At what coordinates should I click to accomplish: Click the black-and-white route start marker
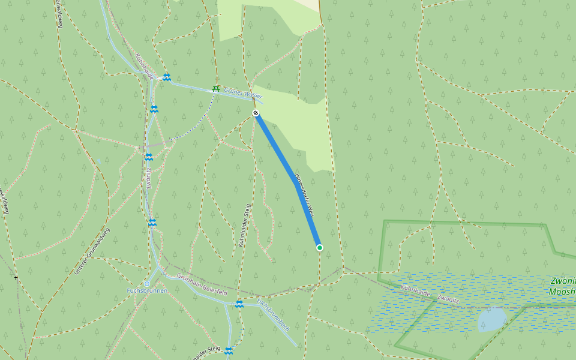coord(256,113)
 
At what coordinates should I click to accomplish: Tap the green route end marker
coord(319,247)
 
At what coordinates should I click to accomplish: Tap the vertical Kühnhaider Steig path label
coord(245,226)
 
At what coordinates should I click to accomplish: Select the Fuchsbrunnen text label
coord(146,291)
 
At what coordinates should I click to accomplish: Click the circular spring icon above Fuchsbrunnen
coord(147,283)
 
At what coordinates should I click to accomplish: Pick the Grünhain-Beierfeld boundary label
coord(202,284)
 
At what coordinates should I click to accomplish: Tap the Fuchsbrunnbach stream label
coord(273,314)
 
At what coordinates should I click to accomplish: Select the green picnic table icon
coord(216,88)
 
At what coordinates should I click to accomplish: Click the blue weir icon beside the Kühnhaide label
coord(167,77)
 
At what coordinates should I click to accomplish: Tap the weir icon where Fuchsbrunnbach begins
coord(239,304)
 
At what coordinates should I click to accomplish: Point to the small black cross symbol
coord(16,278)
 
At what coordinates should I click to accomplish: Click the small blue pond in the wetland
coord(492,319)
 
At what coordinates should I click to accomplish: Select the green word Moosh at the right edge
coord(562,292)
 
